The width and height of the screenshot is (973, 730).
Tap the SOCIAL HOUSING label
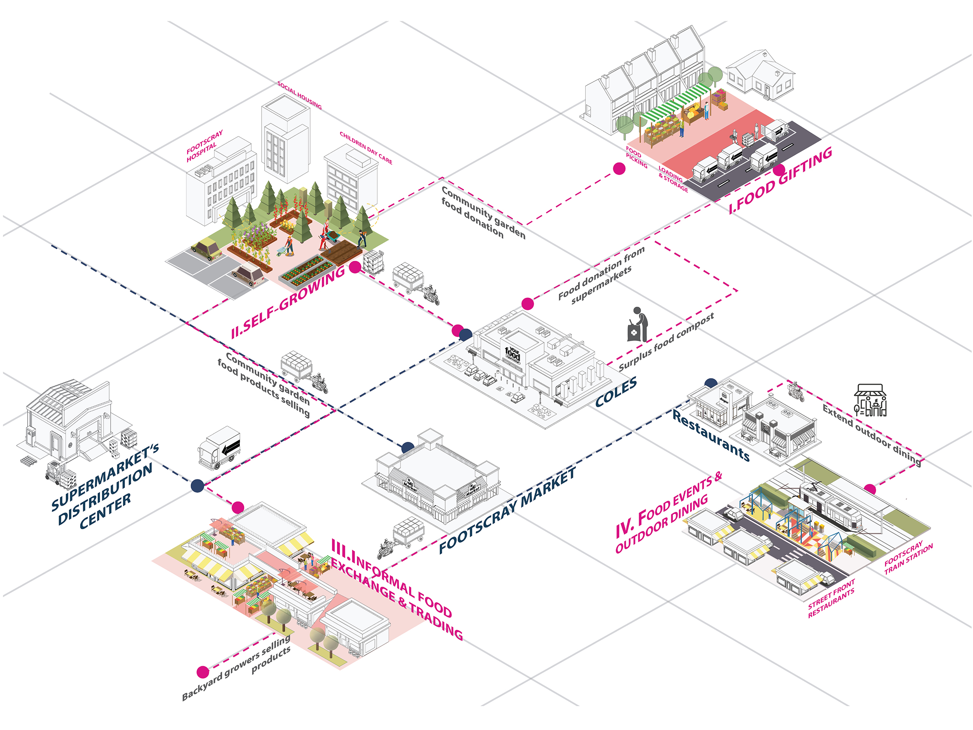pyautogui.click(x=300, y=95)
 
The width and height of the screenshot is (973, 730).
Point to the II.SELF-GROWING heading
pyautogui.click(x=288, y=302)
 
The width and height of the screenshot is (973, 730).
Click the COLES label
pyautogui.click(x=616, y=392)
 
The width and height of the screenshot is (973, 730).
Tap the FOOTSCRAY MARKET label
pyautogui.click(x=508, y=510)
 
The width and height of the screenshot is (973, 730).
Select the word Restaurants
pyautogui.click(x=711, y=436)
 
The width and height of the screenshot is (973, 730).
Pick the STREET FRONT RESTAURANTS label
pyautogui.click(x=831, y=598)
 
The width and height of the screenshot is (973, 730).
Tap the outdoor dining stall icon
pyautogui.click(x=870, y=400)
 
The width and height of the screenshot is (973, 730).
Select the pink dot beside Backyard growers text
pyautogui.click(x=203, y=672)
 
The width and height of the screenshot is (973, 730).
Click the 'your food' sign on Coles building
pyautogui.click(x=513, y=354)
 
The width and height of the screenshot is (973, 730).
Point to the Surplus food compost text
pyautogui.click(x=666, y=341)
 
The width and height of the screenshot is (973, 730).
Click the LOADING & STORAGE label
pyautogui.click(x=673, y=178)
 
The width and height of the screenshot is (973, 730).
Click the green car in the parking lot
pyautogui.click(x=207, y=249)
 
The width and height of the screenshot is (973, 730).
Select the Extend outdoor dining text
pyautogui.click(x=872, y=434)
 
